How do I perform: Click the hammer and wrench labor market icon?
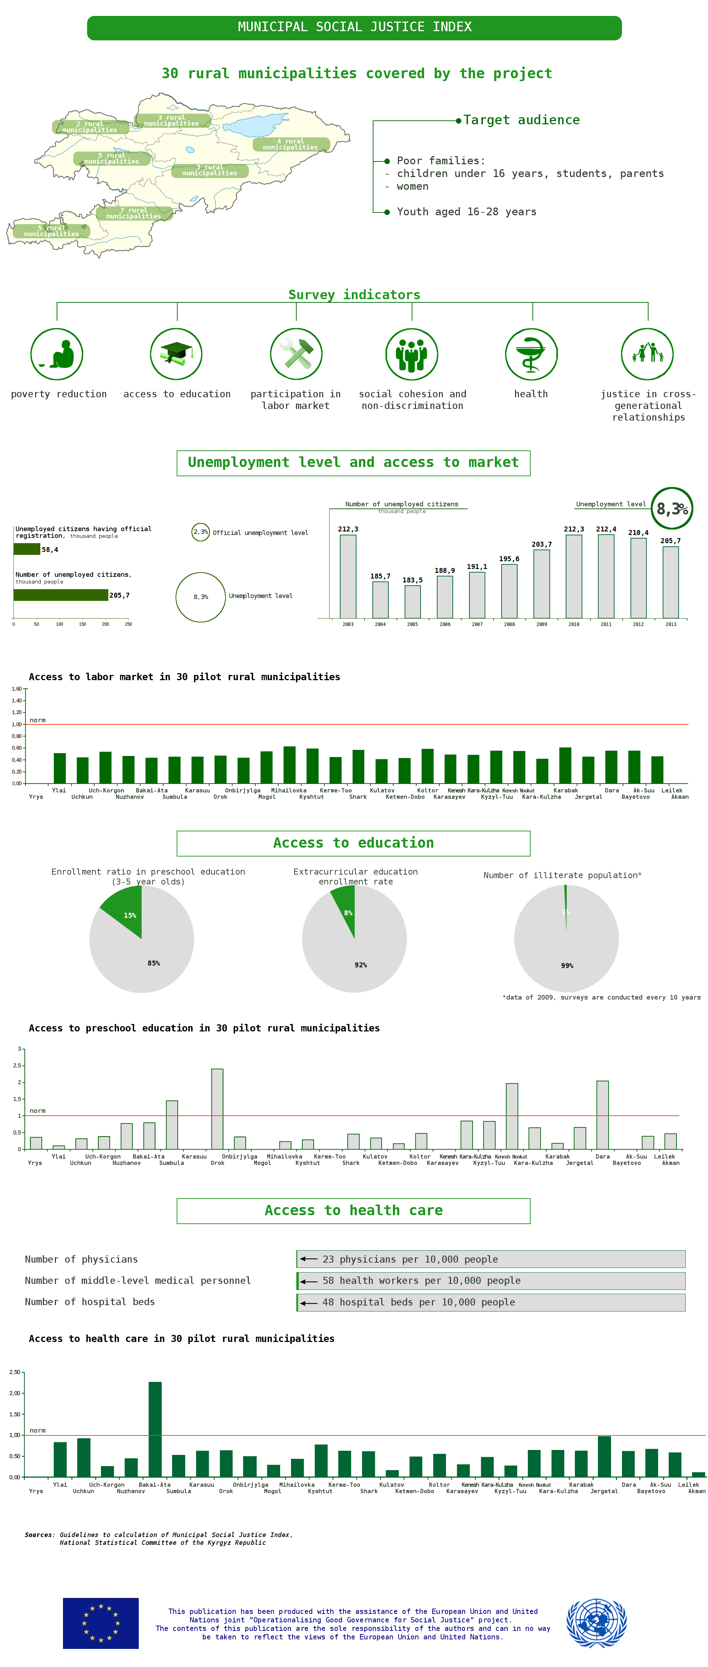click(x=296, y=354)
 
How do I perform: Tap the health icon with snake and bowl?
click(x=531, y=354)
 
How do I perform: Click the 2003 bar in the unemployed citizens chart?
click(x=348, y=576)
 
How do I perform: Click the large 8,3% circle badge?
click(x=671, y=509)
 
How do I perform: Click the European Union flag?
click(x=100, y=1622)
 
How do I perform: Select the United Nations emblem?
click(x=596, y=1622)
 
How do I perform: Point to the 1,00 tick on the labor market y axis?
click(x=17, y=724)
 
